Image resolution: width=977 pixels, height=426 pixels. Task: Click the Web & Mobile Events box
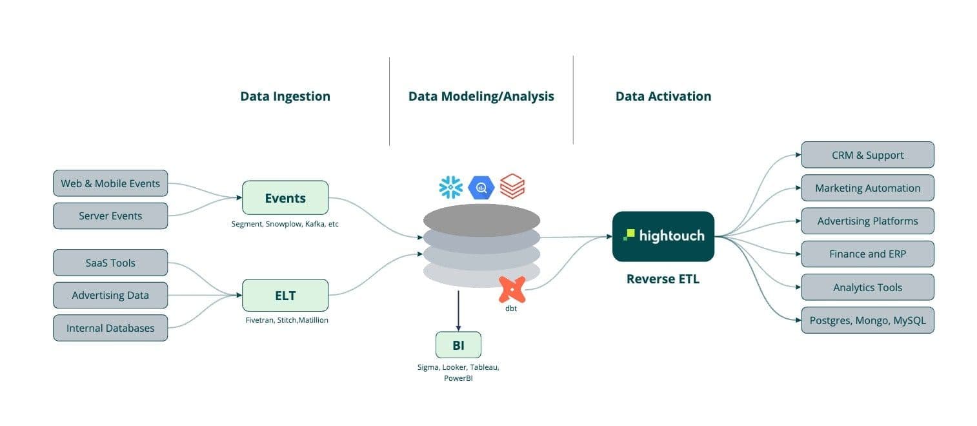pos(110,183)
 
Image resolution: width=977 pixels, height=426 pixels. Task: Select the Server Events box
pos(110,216)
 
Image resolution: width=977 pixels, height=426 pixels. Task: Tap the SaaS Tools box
pos(110,263)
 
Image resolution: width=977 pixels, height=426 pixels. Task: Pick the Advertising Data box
pos(110,295)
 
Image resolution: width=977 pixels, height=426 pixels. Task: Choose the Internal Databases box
pos(110,328)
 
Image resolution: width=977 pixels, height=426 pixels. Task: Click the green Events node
pos(285,198)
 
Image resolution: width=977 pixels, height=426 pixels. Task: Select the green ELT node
pos(285,296)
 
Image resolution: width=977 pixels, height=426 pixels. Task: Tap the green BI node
pos(458,345)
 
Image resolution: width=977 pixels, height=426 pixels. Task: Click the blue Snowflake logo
pos(450,187)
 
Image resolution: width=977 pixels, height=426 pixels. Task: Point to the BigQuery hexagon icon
pos(481,187)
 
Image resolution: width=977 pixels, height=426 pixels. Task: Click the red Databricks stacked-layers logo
pos(512,187)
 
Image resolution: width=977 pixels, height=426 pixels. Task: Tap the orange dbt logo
pos(512,290)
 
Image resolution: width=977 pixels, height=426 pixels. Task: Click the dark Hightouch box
pos(663,236)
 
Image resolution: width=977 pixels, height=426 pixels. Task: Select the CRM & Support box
pos(867,155)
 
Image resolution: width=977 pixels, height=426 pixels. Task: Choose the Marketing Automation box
pos(867,188)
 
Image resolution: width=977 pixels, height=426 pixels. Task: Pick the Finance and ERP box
pos(867,254)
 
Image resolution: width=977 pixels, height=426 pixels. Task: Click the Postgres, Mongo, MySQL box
pos(867,320)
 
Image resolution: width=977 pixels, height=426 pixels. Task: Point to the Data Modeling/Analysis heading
pos(481,96)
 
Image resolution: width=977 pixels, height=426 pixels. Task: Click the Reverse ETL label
pos(663,279)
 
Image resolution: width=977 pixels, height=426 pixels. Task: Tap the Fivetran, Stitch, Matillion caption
pos(287,320)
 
